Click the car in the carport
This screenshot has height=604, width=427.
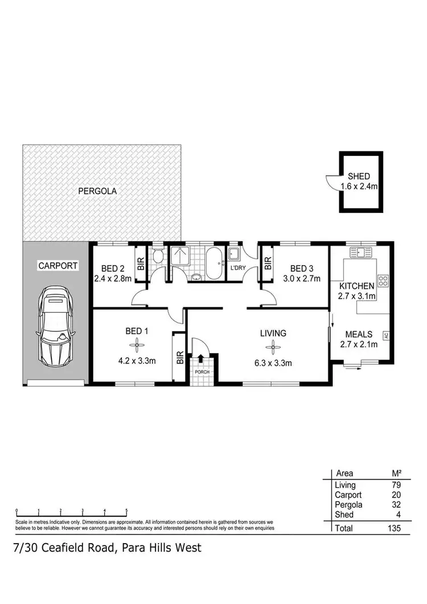(57, 330)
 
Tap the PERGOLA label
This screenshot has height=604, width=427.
(97, 191)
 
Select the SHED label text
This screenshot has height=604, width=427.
(359, 176)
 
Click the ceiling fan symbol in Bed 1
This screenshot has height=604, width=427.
(136, 343)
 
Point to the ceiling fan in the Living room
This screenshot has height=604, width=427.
(273, 345)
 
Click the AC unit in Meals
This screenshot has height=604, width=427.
(385, 335)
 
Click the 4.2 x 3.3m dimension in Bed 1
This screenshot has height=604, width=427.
(136, 360)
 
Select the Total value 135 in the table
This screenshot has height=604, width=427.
(393, 528)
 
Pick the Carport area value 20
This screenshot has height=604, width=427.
(395, 495)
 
